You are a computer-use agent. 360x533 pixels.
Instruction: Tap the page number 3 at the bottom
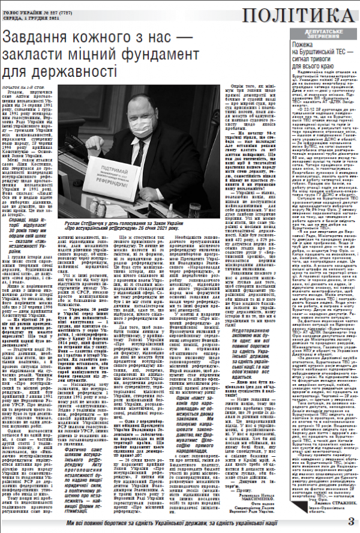(352, 520)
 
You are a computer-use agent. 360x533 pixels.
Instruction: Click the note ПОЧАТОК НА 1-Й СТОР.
(23, 88)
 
